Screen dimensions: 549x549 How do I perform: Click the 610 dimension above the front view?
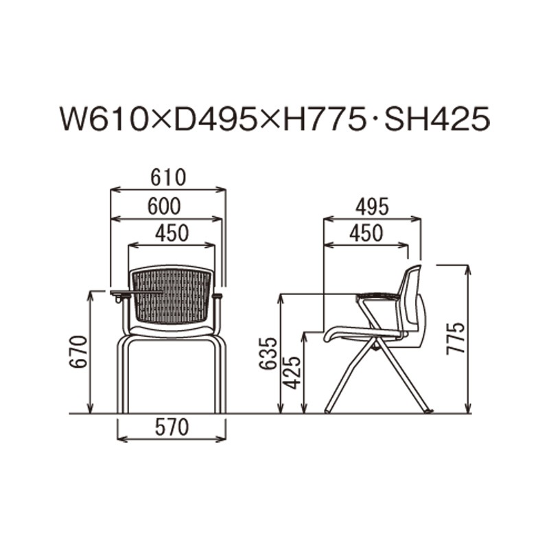pos(168,178)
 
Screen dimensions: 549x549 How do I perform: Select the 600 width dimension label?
pos(164,207)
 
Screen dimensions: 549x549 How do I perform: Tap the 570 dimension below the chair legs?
pos(172,428)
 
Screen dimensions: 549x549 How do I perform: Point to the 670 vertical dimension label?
pos(78,352)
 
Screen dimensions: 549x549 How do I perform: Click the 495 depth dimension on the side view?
pos(372,207)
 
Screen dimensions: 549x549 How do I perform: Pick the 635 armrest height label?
pos(268,353)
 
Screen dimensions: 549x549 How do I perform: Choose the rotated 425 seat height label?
pos(292,373)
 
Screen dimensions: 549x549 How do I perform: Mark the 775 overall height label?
pos(456,338)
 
